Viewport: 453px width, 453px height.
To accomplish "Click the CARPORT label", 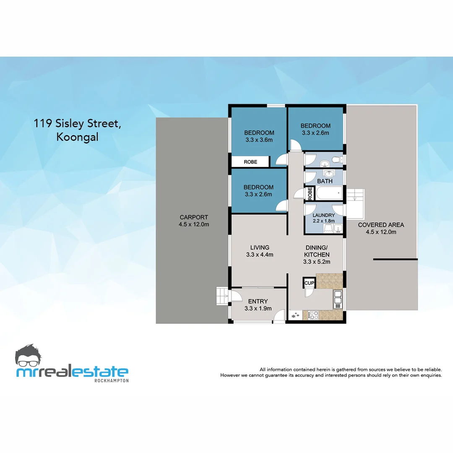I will (194, 217).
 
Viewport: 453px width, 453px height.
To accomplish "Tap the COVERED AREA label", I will (381, 225).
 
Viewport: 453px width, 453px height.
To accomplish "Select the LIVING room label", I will (260, 247).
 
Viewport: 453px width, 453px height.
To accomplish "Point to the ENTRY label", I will (258, 301).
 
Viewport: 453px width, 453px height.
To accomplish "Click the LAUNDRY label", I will (324, 215).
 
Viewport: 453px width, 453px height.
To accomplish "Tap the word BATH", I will (325, 181).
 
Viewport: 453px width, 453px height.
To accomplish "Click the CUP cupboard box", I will (309, 283).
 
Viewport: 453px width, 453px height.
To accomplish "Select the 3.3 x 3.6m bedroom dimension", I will (259, 140).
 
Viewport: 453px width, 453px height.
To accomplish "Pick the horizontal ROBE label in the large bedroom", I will (250, 162).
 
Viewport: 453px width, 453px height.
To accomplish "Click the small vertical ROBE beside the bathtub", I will (310, 193).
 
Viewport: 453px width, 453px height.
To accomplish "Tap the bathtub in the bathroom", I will (328, 194).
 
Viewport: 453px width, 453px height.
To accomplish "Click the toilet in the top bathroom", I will (335, 160).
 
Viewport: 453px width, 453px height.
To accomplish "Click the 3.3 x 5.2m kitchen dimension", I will (317, 262).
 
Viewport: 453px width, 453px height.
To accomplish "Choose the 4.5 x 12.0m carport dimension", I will (194, 224).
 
